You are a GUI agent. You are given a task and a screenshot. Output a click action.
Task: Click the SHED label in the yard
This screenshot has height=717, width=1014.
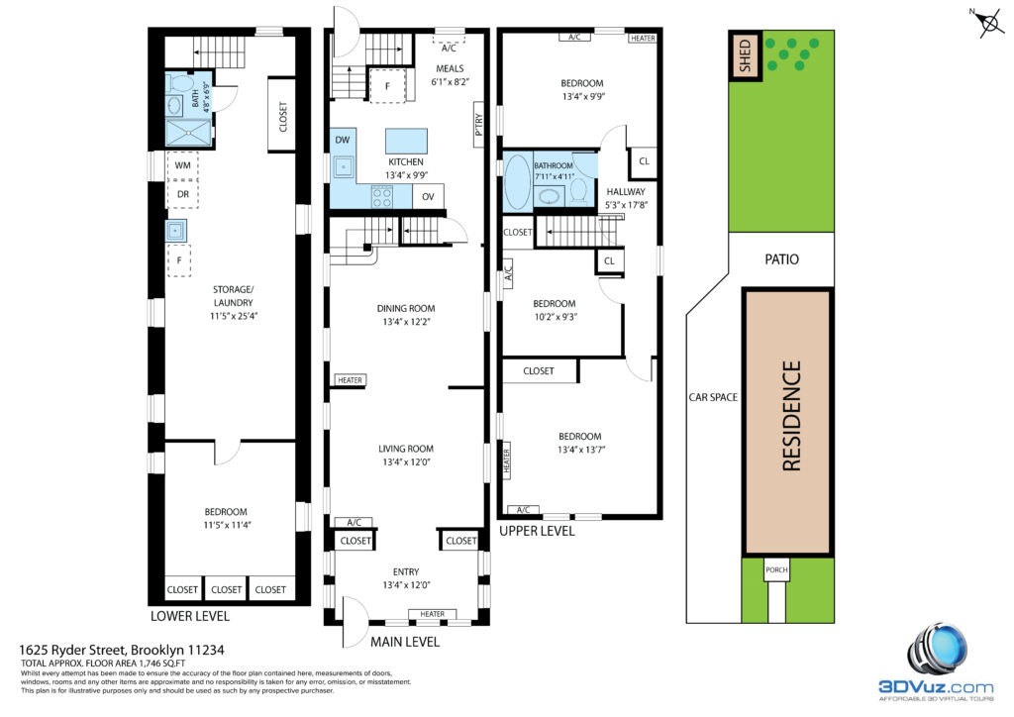(745, 54)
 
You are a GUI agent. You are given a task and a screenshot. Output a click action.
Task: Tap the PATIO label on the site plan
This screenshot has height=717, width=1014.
(781, 259)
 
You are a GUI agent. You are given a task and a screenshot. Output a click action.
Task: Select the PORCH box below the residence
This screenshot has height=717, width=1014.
(776, 569)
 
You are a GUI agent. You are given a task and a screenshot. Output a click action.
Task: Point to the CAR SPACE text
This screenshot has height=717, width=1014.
(713, 397)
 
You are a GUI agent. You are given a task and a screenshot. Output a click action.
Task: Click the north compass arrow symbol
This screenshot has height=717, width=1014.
(988, 24)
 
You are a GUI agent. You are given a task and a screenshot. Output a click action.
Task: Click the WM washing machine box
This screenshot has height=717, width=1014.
(182, 164)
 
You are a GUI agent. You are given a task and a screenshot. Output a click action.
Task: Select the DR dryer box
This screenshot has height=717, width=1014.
(182, 194)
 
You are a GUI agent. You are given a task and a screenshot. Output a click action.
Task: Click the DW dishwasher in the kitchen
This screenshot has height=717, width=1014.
(343, 140)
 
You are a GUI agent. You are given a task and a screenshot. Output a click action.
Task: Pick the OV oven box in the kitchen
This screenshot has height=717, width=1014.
(428, 196)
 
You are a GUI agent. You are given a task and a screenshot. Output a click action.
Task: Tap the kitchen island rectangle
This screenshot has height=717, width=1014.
(406, 141)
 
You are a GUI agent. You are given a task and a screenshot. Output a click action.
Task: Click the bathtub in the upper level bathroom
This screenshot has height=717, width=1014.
(517, 181)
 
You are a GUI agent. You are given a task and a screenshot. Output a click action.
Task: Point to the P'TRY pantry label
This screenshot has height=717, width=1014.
(478, 124)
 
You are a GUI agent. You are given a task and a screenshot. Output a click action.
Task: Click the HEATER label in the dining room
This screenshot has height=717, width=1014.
(350, 380)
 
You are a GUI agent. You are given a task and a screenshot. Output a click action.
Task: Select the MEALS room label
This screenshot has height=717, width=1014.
(450, 68)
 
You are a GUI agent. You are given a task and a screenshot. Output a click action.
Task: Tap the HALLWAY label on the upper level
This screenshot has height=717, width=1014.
(626, 191)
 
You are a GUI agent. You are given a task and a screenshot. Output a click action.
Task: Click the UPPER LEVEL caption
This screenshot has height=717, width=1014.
(537, 531)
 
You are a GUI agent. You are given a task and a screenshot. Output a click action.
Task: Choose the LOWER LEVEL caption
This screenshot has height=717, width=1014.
(189, 616)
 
